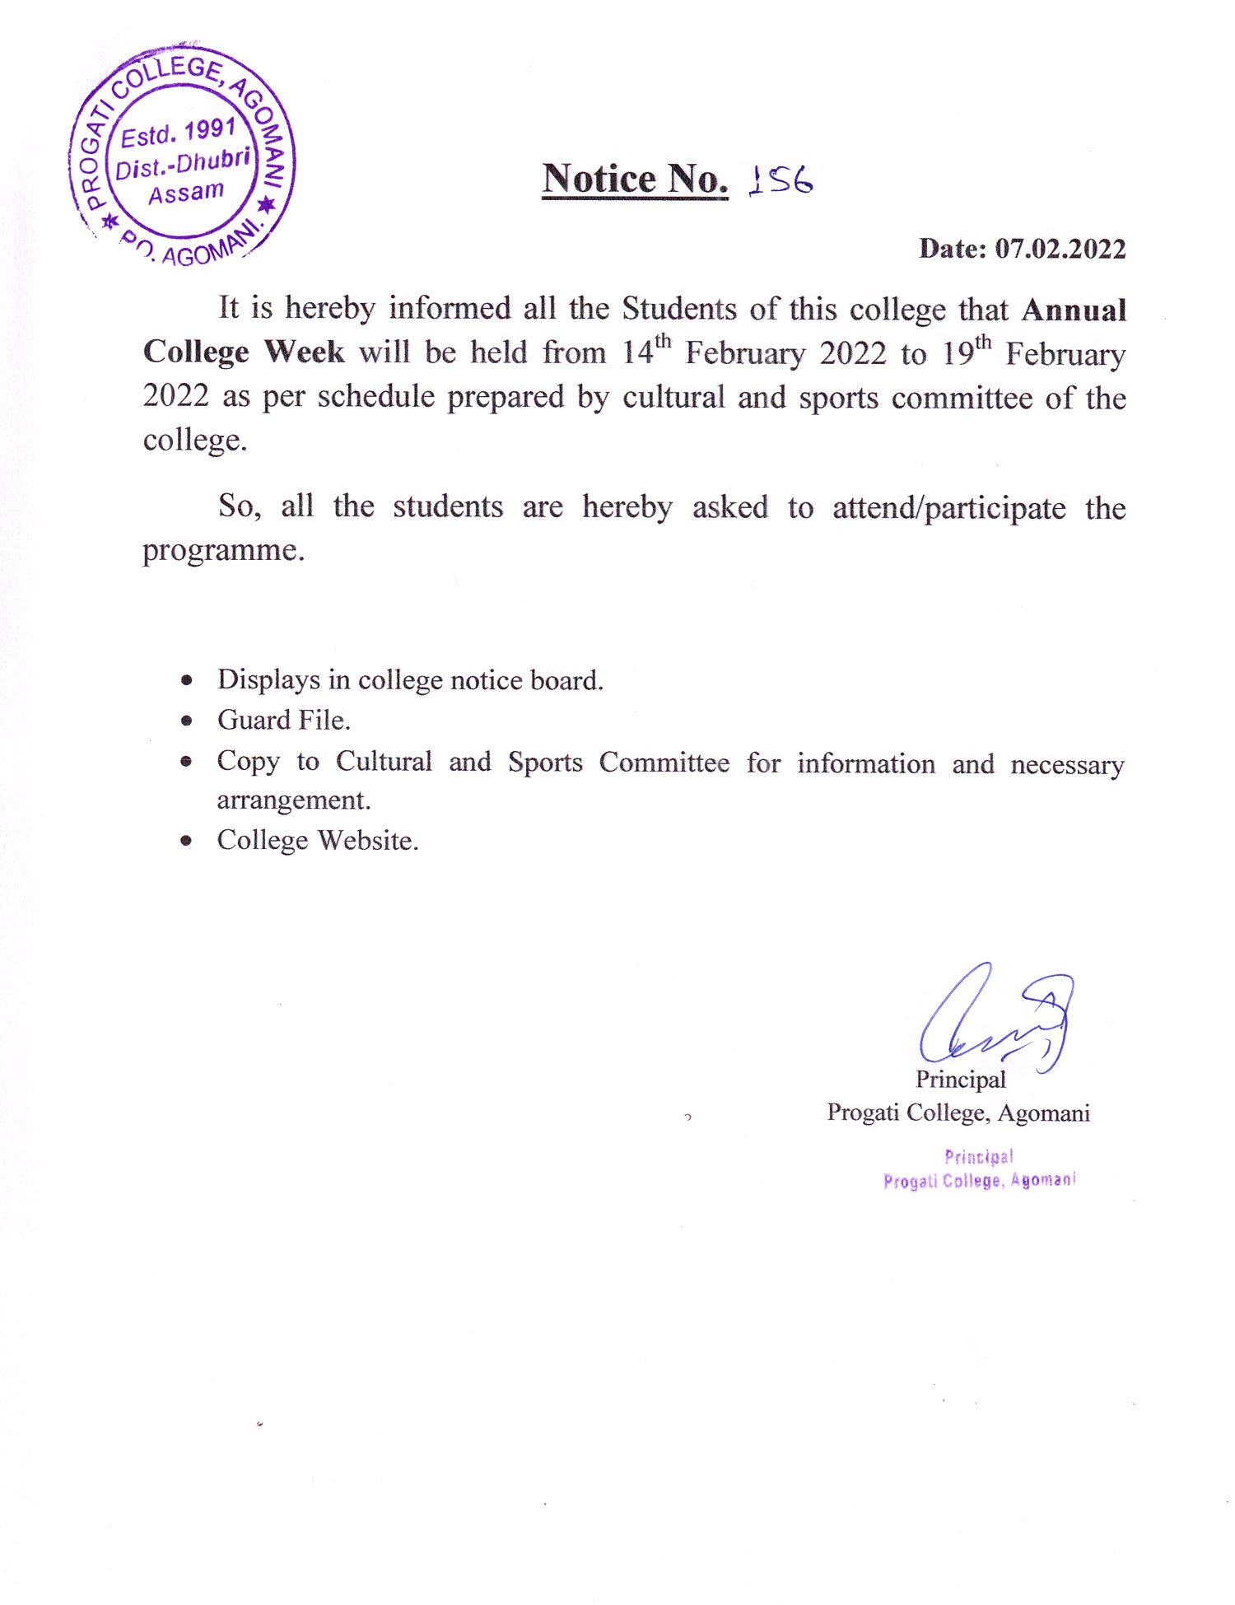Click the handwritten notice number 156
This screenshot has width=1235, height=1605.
[781, 180]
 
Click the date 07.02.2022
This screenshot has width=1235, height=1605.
[1060, 249]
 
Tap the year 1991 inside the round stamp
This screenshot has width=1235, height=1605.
[210, 130]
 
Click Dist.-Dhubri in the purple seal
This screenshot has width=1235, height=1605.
[182, 163]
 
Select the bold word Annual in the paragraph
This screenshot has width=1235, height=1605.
[1074, 310]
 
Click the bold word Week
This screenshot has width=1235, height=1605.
[304, 352]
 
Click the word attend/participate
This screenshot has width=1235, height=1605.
[948, 507]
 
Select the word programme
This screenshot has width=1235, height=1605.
[223, 550]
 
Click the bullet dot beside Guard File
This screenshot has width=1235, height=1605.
[188, 721]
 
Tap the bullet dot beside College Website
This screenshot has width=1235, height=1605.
[188, 841]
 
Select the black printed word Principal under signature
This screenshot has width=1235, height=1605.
[960, 1080]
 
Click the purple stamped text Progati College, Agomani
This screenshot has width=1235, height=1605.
[979, 1181]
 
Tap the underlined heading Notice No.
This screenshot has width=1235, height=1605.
[635, 179]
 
